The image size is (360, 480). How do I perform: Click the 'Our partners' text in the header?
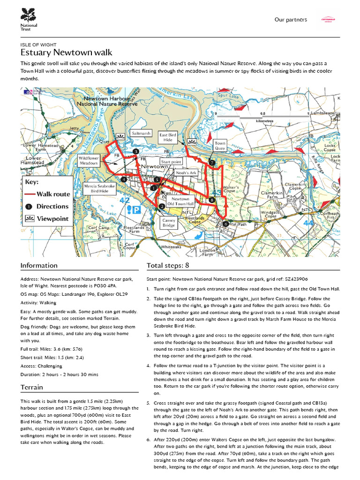[x=291, y=20]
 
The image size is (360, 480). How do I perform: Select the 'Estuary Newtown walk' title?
[x=66, y=52]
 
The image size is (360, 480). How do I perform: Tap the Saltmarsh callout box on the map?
[x=141, y=134]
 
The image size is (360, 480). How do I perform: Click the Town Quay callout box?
[x=220, y=145]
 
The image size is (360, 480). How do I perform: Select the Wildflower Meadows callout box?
[x=89, y=161]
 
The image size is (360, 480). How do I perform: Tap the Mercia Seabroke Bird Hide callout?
[x=99, y=188]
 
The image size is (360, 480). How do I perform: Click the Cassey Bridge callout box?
[x=168, y=222]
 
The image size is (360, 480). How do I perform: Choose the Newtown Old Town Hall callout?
[x=180, y=202]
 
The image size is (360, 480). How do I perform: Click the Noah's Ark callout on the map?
[x=186, y=173]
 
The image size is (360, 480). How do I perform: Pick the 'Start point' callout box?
[x=171, y=162]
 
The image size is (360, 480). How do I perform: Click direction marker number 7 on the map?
[x=212, y=163]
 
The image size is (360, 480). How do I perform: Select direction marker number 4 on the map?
[x=124, y=179]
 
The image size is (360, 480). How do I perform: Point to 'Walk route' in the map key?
[x=53, y=194]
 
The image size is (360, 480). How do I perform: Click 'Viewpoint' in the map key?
[x=52, y=218]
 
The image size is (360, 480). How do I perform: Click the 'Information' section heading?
[x=39, y=265]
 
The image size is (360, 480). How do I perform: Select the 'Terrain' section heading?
[x=32, y=387]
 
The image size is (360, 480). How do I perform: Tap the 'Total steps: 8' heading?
[x=168, y=265]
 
